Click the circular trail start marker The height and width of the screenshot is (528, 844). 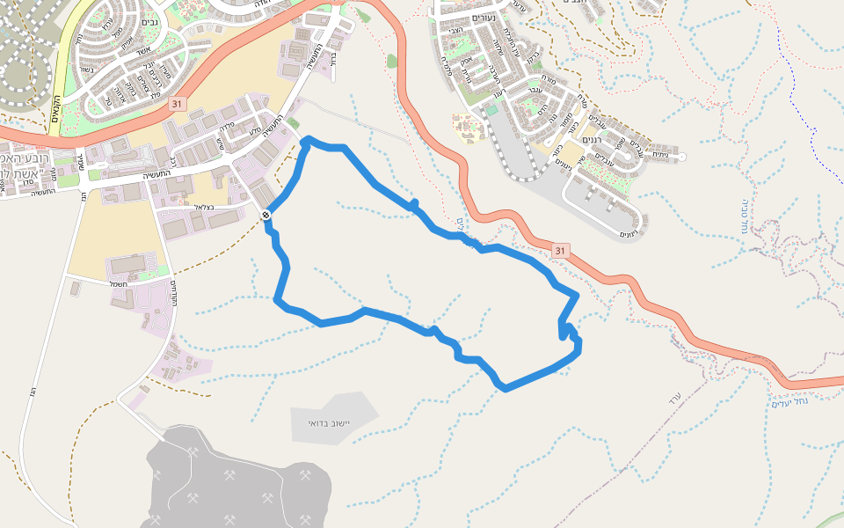[266, 215]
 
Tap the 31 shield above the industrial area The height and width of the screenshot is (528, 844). [178, 104]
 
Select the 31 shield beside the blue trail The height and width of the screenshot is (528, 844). [560, 252]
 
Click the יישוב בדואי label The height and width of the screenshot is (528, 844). [330, 423]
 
